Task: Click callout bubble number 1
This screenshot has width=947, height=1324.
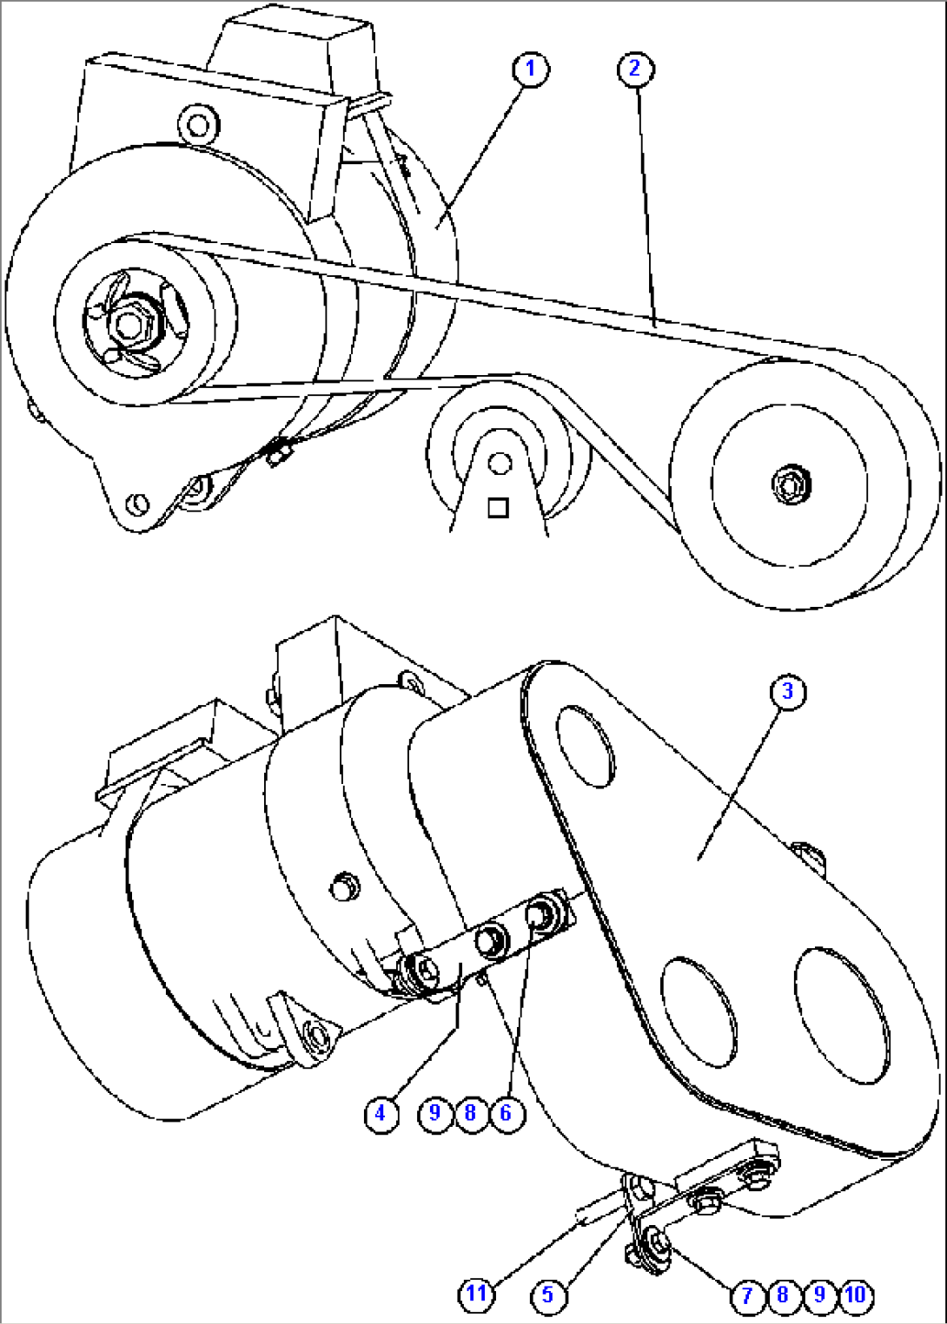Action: point(531,69)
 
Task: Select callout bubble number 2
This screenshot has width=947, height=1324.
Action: point(635,69)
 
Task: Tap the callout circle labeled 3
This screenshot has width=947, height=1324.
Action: point(788,691)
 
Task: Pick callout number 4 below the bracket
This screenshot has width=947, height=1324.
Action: point(381,1112)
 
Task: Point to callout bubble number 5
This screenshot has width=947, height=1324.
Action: point(547,1295)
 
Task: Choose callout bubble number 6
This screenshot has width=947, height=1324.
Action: point(507,1112)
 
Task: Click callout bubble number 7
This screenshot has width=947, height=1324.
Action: point(747,1295)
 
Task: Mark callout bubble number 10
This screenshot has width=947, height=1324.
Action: point(856,1295)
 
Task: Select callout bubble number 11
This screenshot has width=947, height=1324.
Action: point(476,1295)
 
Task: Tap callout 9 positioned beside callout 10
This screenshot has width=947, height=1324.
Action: point(819,1295)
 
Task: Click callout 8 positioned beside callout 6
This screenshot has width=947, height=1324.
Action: point(470,1112)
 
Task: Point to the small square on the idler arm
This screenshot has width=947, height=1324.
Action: point(498,507)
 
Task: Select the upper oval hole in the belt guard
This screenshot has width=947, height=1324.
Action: point(585,746)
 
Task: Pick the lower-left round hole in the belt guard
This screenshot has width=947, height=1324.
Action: point(699,1012)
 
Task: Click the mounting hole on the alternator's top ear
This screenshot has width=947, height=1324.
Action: point(198,124)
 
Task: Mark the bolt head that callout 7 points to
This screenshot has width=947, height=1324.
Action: point(657,1244)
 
